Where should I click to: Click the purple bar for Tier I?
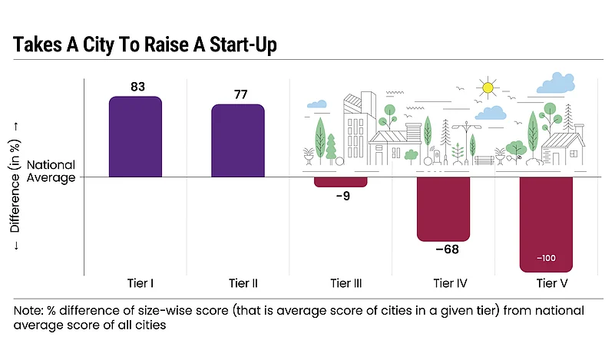pyautogui.click(x=135, y=137)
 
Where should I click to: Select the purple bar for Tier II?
pyautogui.click(x=238, y=141)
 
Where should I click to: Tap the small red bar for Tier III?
pyautogui.click(x=341, y=182)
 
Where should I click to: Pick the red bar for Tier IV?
pyautogui.click(x=444, y=208)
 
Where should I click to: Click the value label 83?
pyautogui.click(x=137, y=87)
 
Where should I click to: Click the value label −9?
pyautogui.click(x=342, y=197)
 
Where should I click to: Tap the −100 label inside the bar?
pyautogui.click(x=547, y=258)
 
